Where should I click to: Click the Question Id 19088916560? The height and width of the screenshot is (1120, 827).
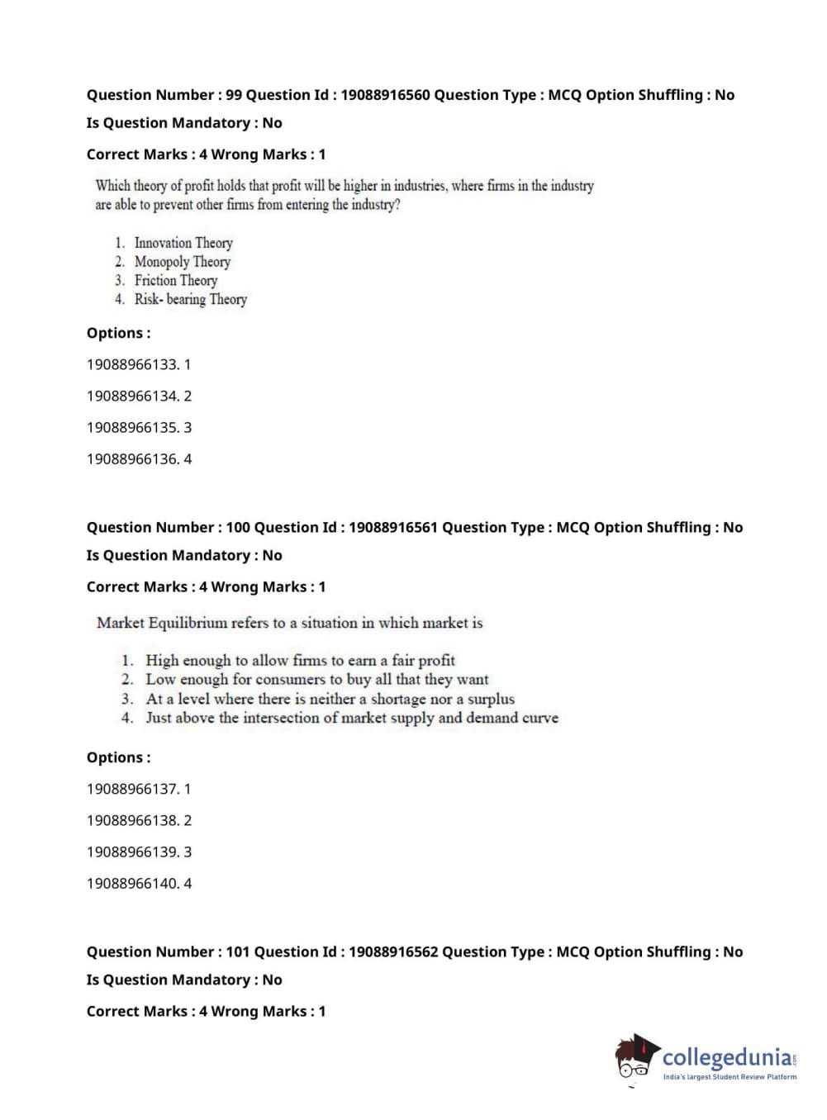click(385, 95)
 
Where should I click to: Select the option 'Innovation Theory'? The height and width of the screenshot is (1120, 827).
click(183, 243)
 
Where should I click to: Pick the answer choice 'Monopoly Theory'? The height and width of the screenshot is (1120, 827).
click(182, 262)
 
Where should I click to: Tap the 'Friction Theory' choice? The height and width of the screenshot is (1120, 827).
click(176, 281)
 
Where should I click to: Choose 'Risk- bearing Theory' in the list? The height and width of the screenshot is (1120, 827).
click(190, 300)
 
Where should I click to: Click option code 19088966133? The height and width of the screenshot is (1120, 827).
click(132, 364)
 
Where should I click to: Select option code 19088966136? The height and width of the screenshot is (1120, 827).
click(132, 458)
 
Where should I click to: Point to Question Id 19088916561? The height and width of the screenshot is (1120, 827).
click(392, 527)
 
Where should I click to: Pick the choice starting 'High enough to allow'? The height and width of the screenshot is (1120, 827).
click(300, 660)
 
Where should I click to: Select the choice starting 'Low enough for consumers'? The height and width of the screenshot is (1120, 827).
click(316, 679)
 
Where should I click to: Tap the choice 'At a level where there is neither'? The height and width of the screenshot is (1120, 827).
click(330, 699)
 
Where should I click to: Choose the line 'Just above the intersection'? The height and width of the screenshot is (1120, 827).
click(351, 718)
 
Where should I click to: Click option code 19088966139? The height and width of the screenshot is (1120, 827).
click(132, 852)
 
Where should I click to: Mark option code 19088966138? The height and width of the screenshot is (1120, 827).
click(132, 820)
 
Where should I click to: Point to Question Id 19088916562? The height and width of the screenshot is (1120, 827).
click(392, 952)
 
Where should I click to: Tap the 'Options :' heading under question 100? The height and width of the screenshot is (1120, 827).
click(118, 757)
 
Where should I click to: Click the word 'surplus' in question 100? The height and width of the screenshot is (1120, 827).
click(491, 699)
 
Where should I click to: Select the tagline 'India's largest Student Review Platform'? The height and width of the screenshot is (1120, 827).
click(730, 1077)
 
